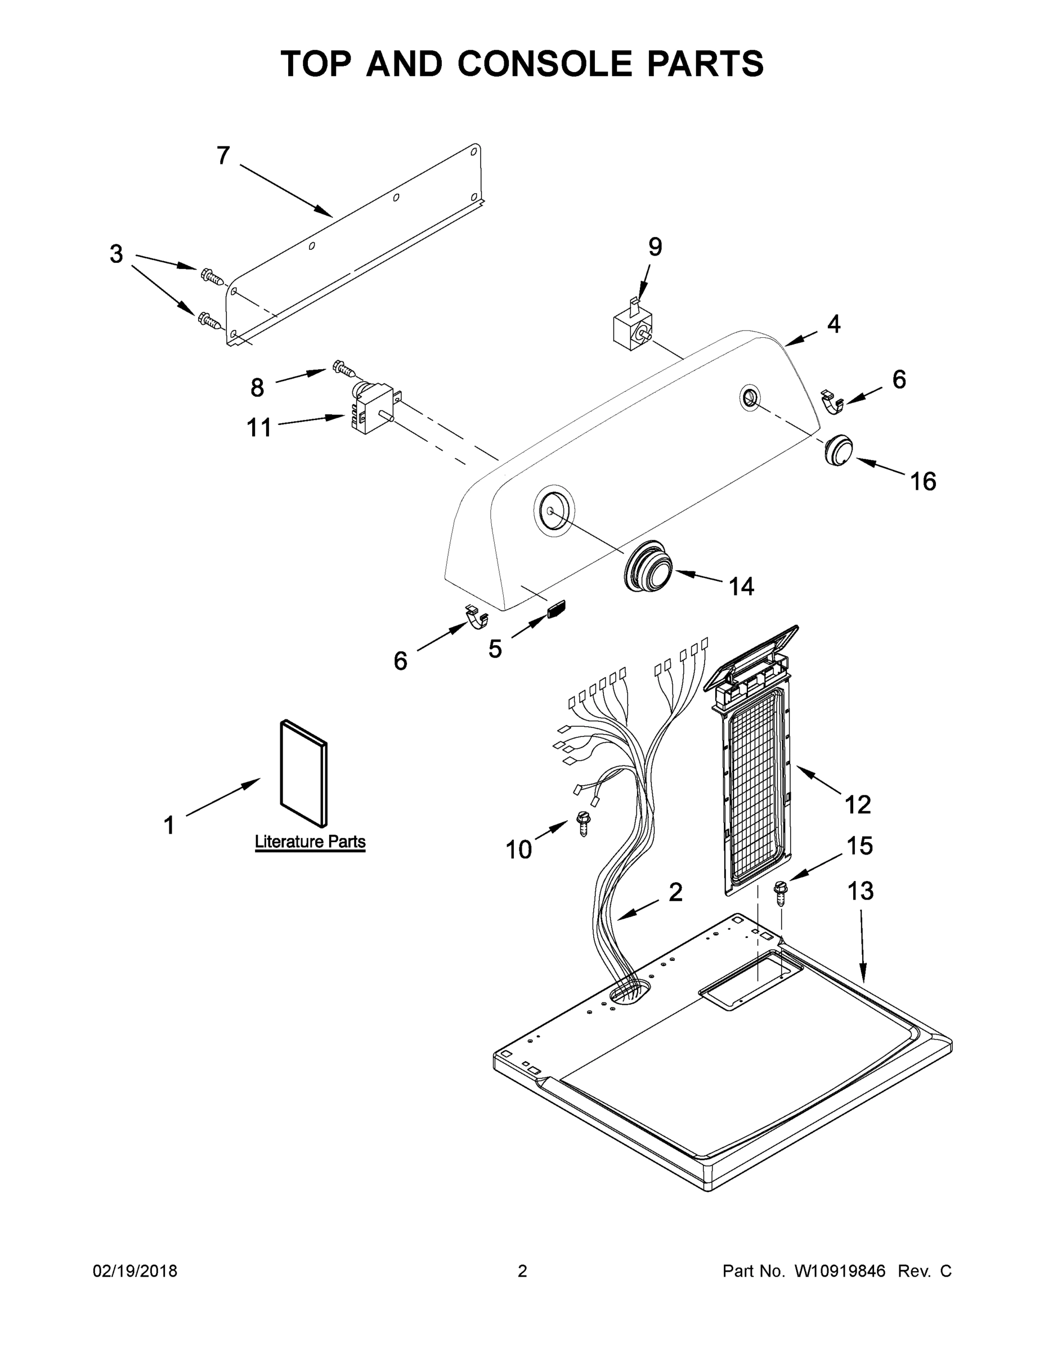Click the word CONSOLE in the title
[x=545, y=64]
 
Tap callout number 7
[x=223, y=156]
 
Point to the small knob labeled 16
[x=838, y=450]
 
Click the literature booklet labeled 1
[x=304, y=773]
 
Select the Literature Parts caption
[x=310, y=842]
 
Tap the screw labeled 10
[x=582, y=824]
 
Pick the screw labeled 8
[x=344, y=369]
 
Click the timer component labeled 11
[x=369, y=409]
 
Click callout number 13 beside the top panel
[x=860, y=892]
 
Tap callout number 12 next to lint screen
[x=857, y=805]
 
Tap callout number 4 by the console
[x=834, y=324]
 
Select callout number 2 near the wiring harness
[x=675, y=892]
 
